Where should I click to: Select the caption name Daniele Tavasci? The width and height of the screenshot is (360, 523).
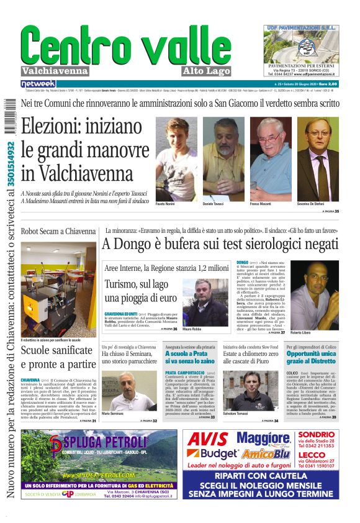click(214, 204)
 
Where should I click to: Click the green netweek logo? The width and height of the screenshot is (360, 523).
click(38, 83)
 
